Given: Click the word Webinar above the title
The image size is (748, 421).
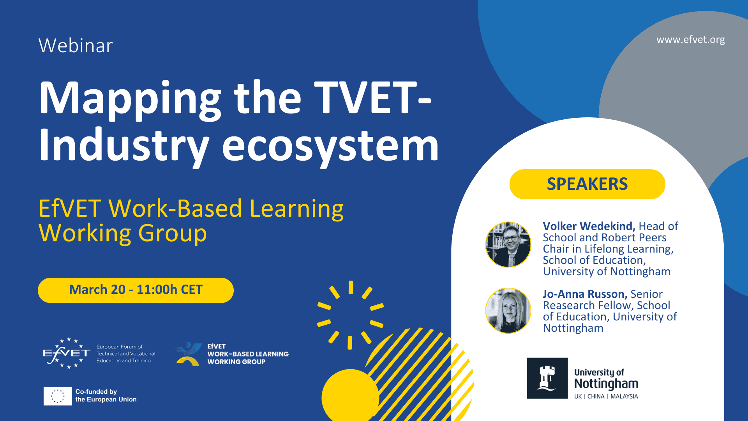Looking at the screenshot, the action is [x=76, y=45].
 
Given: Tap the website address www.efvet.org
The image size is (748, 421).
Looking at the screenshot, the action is [x=690, y=40].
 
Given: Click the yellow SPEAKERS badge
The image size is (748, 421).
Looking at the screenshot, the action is [x=587, y=184].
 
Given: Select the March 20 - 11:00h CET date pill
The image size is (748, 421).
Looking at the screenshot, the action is [x=136, y=290].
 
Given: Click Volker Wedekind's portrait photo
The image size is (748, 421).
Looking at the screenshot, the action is [x=508, y=244].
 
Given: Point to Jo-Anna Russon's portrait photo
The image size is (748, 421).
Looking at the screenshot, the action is [x=508, y=311].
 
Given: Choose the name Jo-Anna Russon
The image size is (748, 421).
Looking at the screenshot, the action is [x=585, y=294].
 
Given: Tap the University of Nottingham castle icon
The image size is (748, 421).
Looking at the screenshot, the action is [x=547, y=378].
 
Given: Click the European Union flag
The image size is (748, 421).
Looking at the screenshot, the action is [x=58, y=396].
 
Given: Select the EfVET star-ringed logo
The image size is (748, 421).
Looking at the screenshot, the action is [x=67, y=353].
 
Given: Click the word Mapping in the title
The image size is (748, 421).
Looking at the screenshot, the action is [x=130, y=99].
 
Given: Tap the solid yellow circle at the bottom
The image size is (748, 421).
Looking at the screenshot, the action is [x=350, y=396].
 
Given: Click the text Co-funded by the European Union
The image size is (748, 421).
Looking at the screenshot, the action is [x=106, y=395].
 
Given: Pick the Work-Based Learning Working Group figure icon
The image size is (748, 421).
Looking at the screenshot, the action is [x=189, y=354].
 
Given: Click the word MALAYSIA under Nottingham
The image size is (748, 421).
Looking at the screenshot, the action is [x=624, y=396].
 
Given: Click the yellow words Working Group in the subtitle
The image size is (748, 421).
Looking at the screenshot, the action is [x=123, y=233].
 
